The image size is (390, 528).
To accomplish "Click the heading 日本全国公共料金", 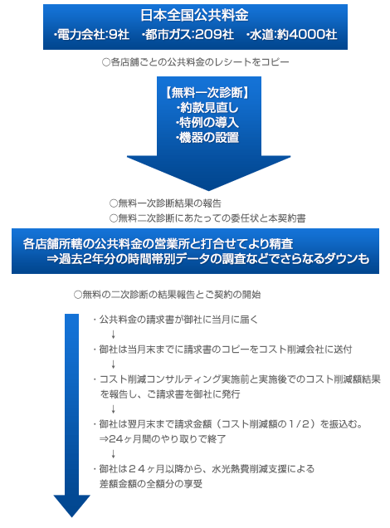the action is coord(194,15).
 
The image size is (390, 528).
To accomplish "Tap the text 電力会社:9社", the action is coord(91,34).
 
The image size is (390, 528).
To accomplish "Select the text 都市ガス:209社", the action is coord(188,34).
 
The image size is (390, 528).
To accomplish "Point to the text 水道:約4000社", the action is coord(292,34).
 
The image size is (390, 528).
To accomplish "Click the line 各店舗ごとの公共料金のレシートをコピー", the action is coord(196,62).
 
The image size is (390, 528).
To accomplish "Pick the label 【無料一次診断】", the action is coord(207,92).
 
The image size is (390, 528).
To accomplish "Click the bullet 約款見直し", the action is coord(207,107).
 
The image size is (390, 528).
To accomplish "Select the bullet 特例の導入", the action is coord(207,122).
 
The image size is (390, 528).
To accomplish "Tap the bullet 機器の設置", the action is coord(207,137).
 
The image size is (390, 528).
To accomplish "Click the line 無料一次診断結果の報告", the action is coord(166,203).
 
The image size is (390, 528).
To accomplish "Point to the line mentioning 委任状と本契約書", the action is coord(207,218).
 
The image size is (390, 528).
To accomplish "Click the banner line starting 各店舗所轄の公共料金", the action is coord(158,243).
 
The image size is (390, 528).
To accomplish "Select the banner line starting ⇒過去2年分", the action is coord(208,259).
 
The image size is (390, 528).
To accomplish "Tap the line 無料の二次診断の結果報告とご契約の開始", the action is coord(168,295).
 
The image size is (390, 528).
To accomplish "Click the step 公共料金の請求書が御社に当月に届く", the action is coord(175,320).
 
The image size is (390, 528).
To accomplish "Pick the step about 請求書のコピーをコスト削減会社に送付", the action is coord(222,350).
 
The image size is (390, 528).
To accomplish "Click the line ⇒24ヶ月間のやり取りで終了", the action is coord(163,439).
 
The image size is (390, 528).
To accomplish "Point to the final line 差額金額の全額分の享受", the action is coord(151,484).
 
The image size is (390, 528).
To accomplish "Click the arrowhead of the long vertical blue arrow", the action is coord(71,506).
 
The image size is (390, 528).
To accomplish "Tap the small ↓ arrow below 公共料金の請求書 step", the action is coord(114,335).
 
